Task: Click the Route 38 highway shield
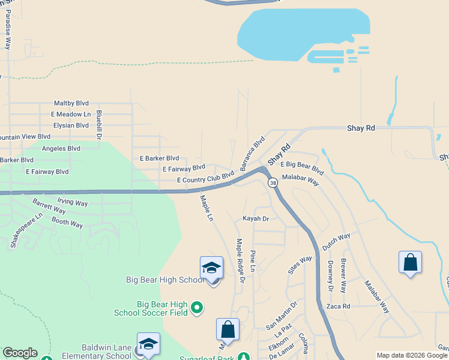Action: tap(273, 182)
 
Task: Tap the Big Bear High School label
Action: tap(166, 280)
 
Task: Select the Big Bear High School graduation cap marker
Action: tap(211, 268)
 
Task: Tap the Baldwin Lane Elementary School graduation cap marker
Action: tap(148, 344)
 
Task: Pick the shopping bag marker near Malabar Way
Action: tap(410, 262)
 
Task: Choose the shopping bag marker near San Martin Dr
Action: tap(228, 329)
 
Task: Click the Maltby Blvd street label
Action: tap(71, 103)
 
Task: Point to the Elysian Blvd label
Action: tap(71, 125)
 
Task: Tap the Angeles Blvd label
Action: tap(61, 148)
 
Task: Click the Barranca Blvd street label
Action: tap(253, 154)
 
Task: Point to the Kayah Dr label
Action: tap(255, 219)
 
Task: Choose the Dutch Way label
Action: tap(336, 241)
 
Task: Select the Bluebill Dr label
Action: tap(99, 125)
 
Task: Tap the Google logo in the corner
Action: tap(20, 353)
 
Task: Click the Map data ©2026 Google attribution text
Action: tap(412, 355)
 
